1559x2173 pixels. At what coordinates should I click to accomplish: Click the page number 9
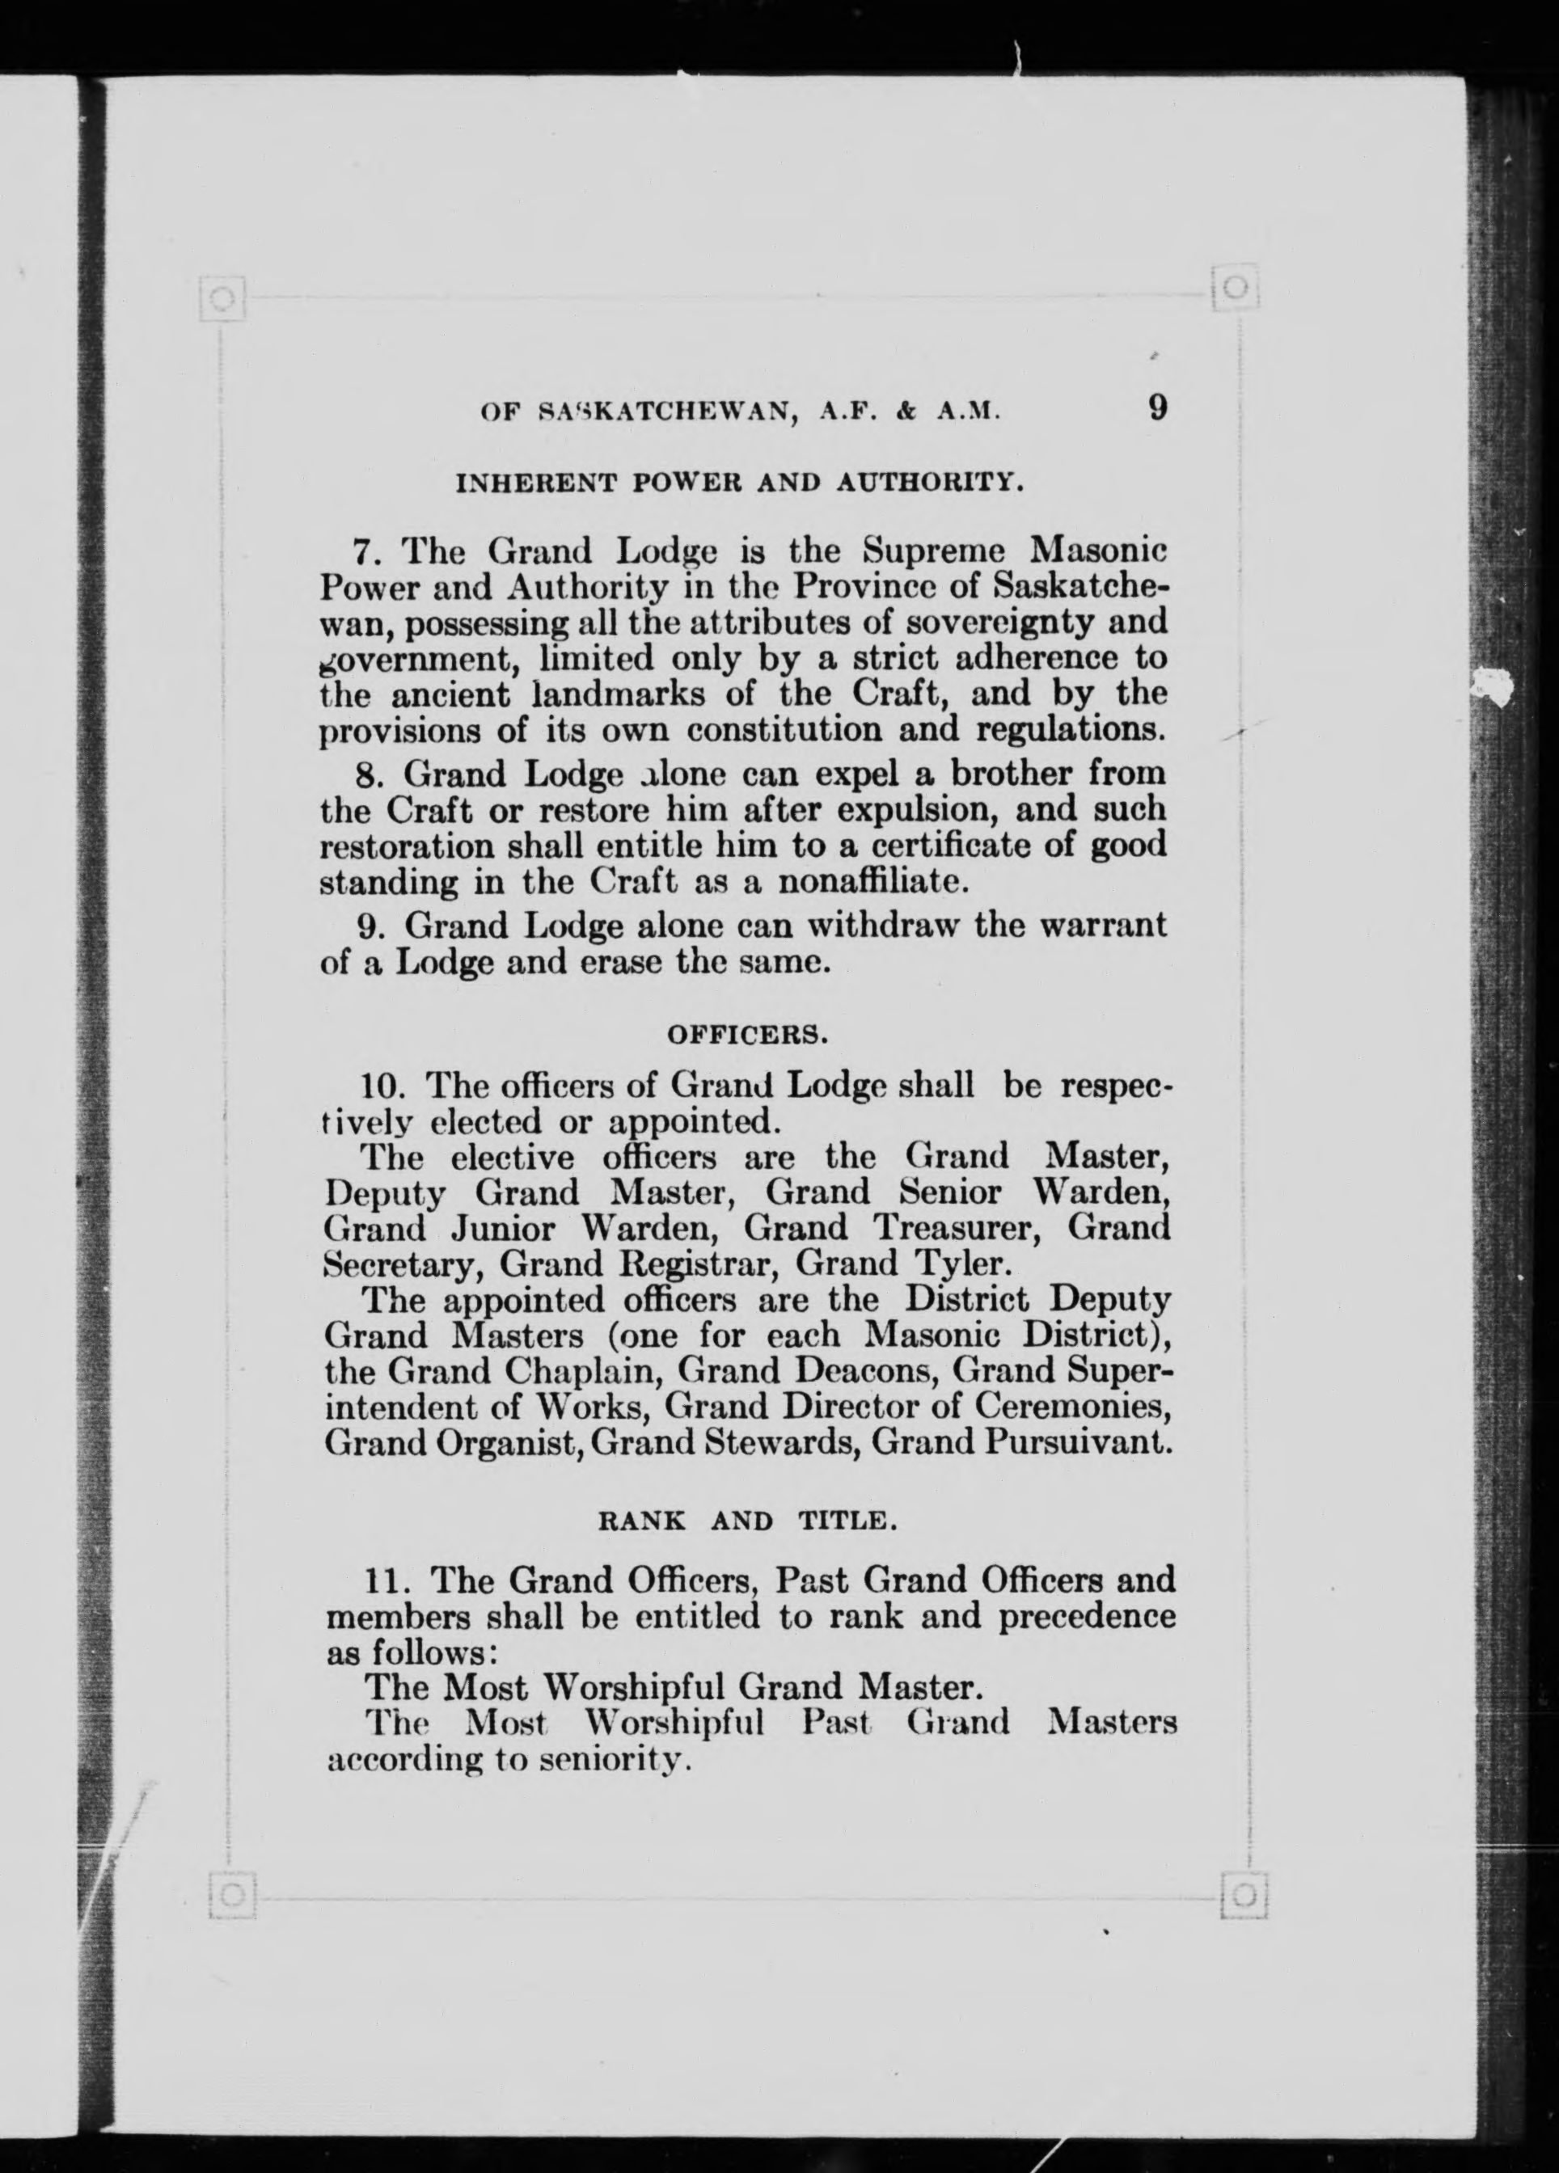coord(1156,408)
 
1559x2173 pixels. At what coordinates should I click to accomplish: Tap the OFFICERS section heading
coord(746,1035)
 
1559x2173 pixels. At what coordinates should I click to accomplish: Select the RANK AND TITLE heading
coord(747,1521)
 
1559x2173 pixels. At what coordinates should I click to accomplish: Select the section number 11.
coord(388,1579)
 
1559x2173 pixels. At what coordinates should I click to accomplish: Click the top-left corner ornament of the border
coord(223,300)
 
